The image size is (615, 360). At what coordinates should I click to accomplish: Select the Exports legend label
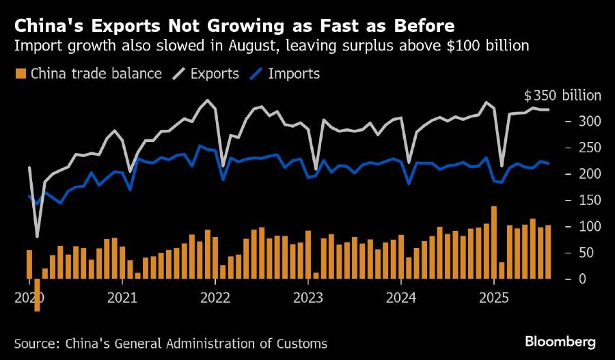pos(215,74)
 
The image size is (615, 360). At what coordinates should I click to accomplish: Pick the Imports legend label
pos(295,74)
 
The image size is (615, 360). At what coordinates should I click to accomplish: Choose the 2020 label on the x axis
pos(29,298)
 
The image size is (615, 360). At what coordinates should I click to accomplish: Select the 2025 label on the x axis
pos(495,298)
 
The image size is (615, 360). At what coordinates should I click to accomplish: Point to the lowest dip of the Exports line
pos(37,236)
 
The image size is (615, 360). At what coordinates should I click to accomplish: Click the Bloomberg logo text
pos(560,341)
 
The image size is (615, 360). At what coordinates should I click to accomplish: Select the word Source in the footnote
pos(36,344)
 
